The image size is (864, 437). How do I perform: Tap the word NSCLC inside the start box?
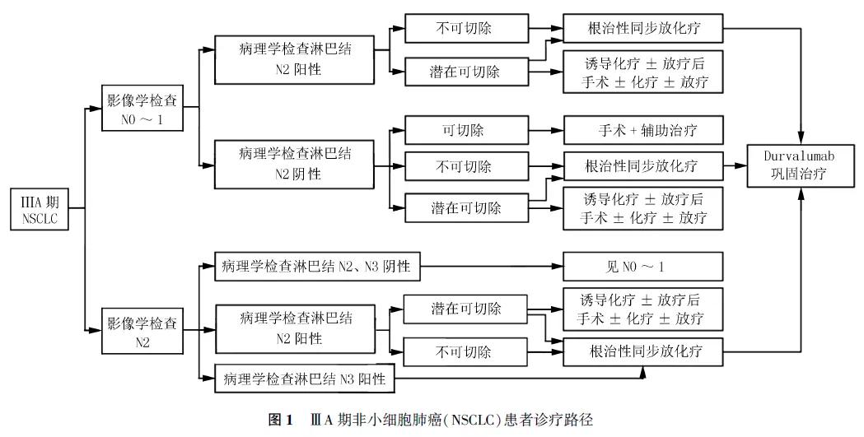tap(39, 219)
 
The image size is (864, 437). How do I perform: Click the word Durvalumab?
tap(789, 154)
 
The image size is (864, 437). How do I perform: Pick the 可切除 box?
tap(464, 130)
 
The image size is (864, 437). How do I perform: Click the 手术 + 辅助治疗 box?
tap(642, 130)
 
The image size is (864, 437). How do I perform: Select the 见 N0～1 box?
tap(642, 266)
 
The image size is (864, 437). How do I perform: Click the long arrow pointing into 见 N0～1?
tap(494, 266)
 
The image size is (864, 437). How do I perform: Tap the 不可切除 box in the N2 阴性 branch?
tap(464, 166)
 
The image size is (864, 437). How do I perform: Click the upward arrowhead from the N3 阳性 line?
tap(642, 372)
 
